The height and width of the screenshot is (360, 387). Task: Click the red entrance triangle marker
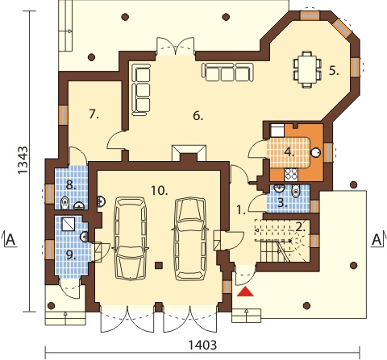pyautogui.click(x=245, y=292)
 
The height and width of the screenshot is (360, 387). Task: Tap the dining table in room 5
pyautogui.click(x=307, y=69)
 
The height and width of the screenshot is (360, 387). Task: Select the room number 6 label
pyautogui.click(x=198, y=116)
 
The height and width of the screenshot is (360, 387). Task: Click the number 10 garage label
pyautogui.click(x=159, y=191)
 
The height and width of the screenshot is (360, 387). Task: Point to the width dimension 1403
pyautogui.click(x=202, y=345)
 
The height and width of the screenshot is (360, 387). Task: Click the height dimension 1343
pyautogui.click(x=23, y=160)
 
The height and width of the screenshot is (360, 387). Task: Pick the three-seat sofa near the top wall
pyautogui.click(x=228, y=72)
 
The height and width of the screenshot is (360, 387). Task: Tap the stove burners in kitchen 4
pyautogui.click(x=291, y=174)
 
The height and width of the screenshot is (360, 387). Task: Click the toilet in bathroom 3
pyautogui.click(x=296, y=191)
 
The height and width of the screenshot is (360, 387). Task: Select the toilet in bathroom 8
pyautogui.click(x=64, y=203)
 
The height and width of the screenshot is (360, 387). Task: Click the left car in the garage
pyautogui.click(x=131, y=239)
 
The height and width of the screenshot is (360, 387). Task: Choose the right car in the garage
pyautogui.click(x=190, y=238)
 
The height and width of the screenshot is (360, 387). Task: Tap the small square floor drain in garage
pyautogui.click(x=159, y=265)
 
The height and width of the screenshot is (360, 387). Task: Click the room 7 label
pyautogui.click(x=94, y=114)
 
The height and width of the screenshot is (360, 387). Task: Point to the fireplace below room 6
pyautogui.click(x=189, y=153)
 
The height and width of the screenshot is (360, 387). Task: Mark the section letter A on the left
pyautogui.click(x=10, y=239)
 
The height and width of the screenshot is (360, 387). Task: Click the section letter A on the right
pyautogui.click(x=377, y=239)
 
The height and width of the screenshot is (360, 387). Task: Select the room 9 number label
pyautogui.click(x=71, y=255)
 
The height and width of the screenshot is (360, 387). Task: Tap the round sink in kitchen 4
pyautogui.click(x=316, y=152)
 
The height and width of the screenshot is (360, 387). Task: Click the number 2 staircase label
pyautogui.click(x=300, y=228)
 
